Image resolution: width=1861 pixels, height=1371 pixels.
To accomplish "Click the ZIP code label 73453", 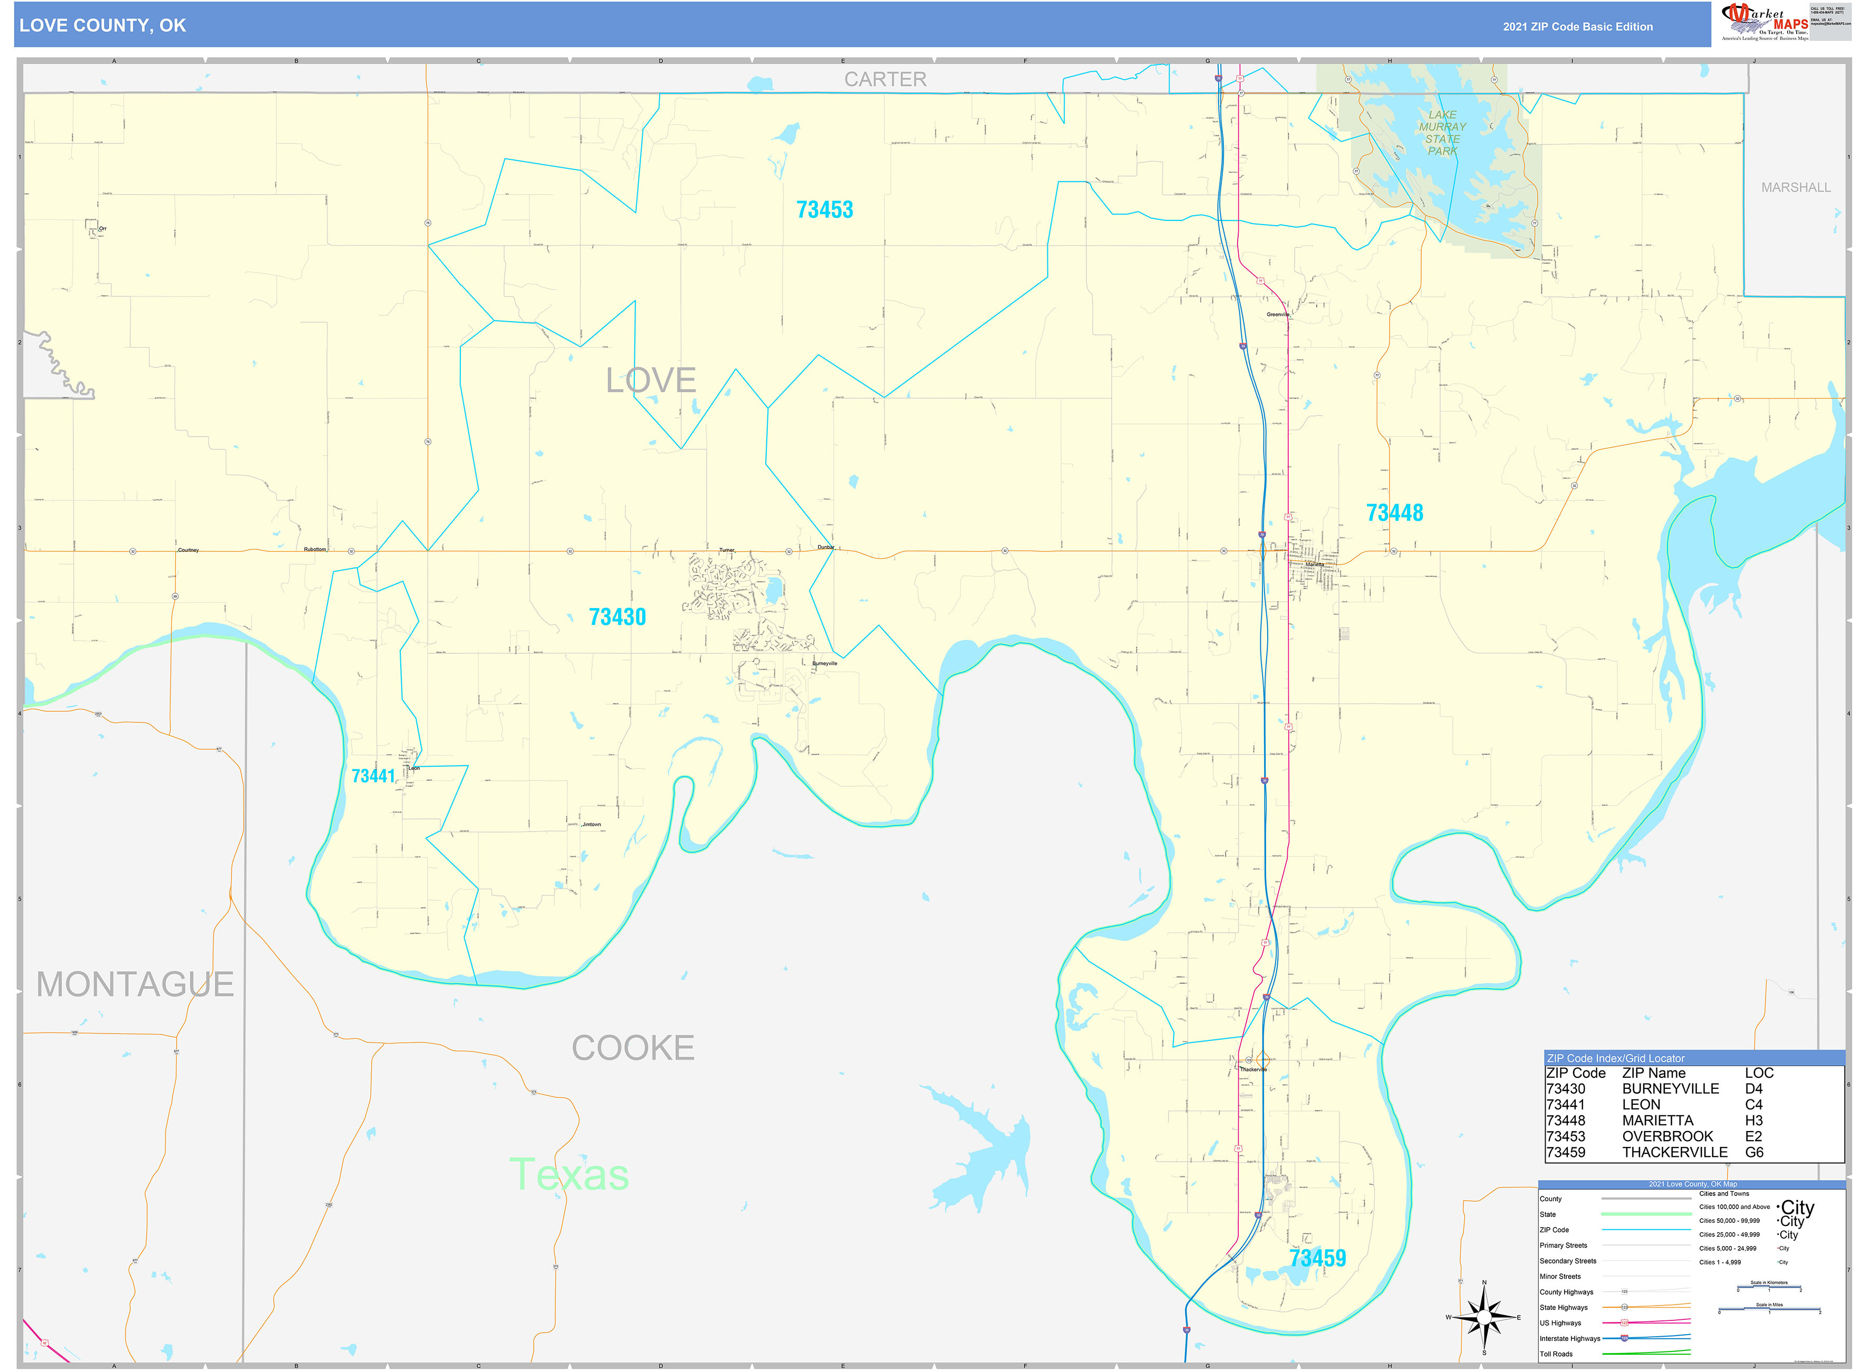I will pos(824,210).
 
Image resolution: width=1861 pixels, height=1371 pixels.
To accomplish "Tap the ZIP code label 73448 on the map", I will pos(1394,513).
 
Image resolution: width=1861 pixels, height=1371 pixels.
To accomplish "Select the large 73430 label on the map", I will pos(617,616).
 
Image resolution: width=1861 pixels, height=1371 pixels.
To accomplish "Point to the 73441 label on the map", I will pos(373,776).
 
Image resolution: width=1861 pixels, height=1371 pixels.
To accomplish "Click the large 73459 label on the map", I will pos(1317,1258).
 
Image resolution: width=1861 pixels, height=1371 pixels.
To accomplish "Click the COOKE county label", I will pos(632,1048).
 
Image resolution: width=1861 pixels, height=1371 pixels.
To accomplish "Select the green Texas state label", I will pos(570,1175).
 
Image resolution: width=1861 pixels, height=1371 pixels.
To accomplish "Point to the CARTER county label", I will pos(885,80).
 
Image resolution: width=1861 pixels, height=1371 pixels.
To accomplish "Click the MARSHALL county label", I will pos(1796,188).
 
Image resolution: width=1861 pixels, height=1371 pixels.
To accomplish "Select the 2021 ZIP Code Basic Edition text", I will pos(1577,26).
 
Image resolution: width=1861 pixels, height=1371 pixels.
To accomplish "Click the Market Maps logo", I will pos(1764,22).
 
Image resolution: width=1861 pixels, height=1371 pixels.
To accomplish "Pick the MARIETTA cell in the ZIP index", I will pos(1657,1121).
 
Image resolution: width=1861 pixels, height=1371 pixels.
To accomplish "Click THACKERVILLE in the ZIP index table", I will pos(1674,1153).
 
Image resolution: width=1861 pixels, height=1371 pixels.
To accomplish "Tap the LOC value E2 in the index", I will pos(1753,1136).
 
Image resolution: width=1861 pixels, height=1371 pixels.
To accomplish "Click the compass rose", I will pos(1483,1317).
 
